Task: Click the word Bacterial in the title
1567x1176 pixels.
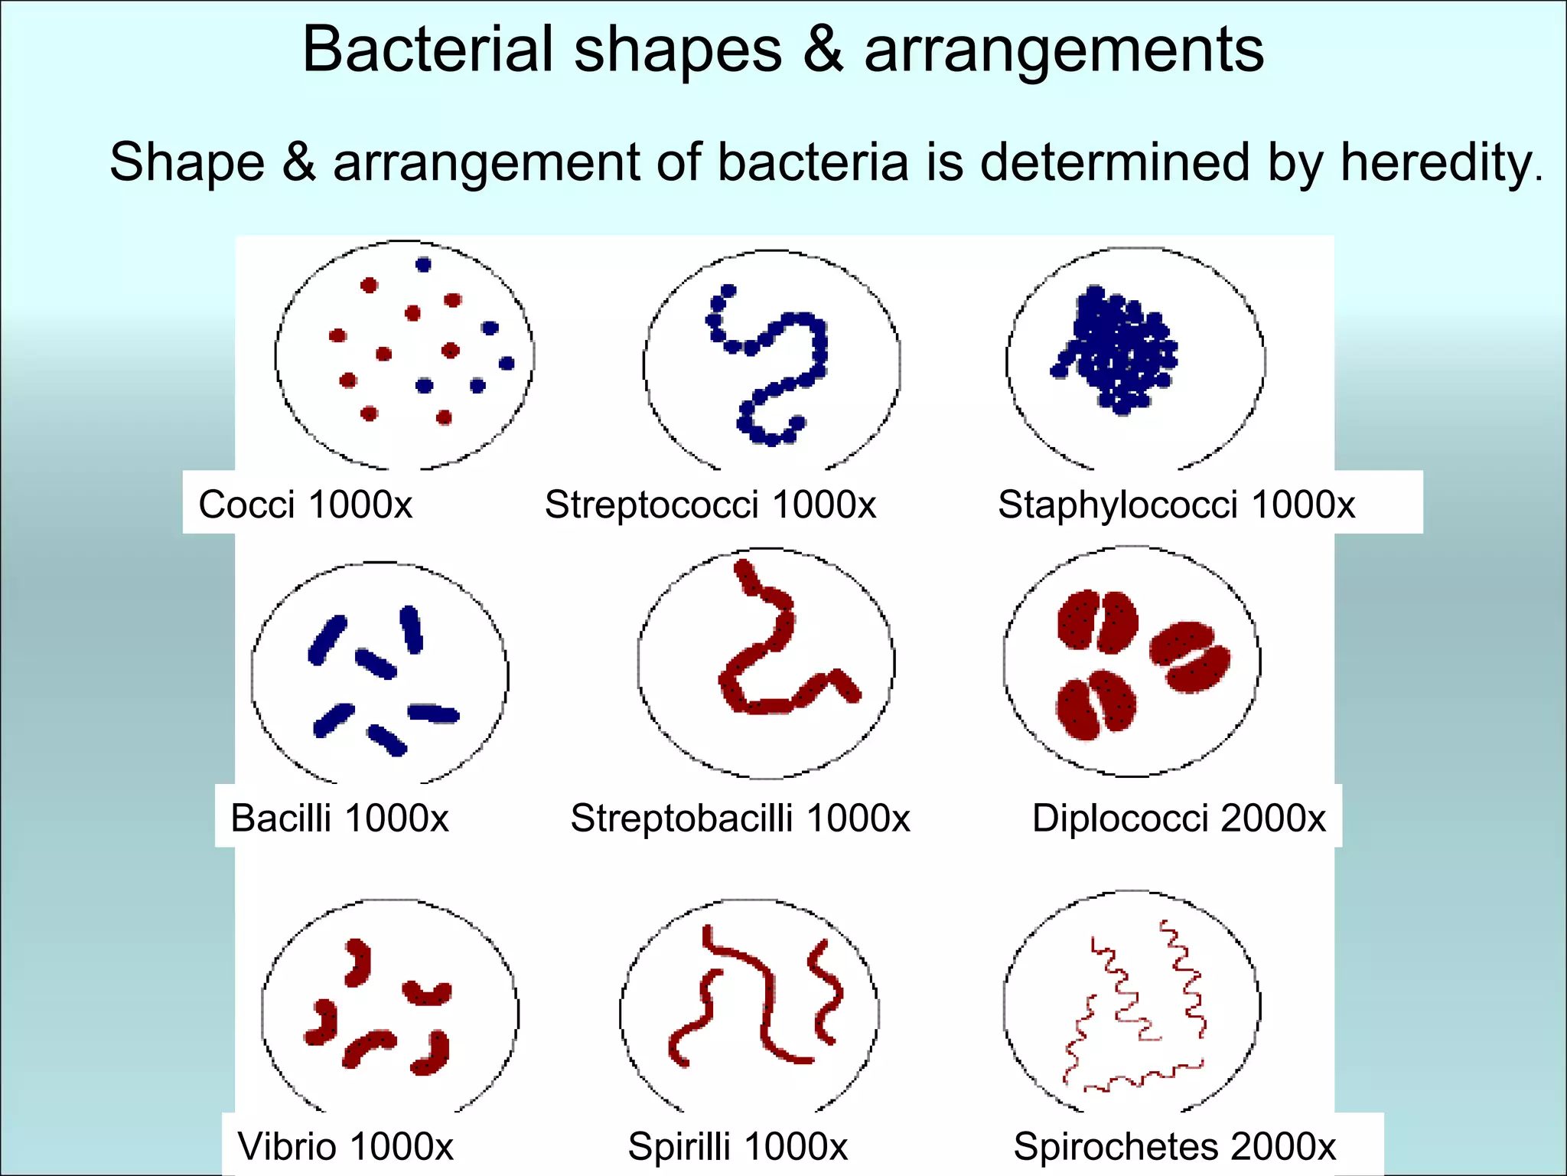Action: point(427,50)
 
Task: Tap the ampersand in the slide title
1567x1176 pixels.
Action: point(823,50)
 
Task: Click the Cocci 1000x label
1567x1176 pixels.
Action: point(305,505)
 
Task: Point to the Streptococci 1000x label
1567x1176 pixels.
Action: point(710,505)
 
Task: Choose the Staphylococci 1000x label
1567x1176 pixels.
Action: point(1176,505)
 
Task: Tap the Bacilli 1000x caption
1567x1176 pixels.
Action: point(339,818)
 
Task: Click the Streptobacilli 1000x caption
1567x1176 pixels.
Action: point(740,818)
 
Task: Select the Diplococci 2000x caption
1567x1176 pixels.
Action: point(1178,818)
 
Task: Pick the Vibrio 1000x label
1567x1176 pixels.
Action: point(345,1146)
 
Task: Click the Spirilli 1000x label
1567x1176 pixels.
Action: point(738,1146)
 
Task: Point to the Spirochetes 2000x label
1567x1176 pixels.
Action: point(1174,1146)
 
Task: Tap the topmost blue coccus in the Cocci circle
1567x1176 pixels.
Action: point(423,265)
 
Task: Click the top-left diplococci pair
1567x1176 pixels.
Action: point(1096,621)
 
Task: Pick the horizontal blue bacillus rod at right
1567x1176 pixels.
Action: point(433,714)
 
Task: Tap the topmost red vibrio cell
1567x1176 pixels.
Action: point(357,962)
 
